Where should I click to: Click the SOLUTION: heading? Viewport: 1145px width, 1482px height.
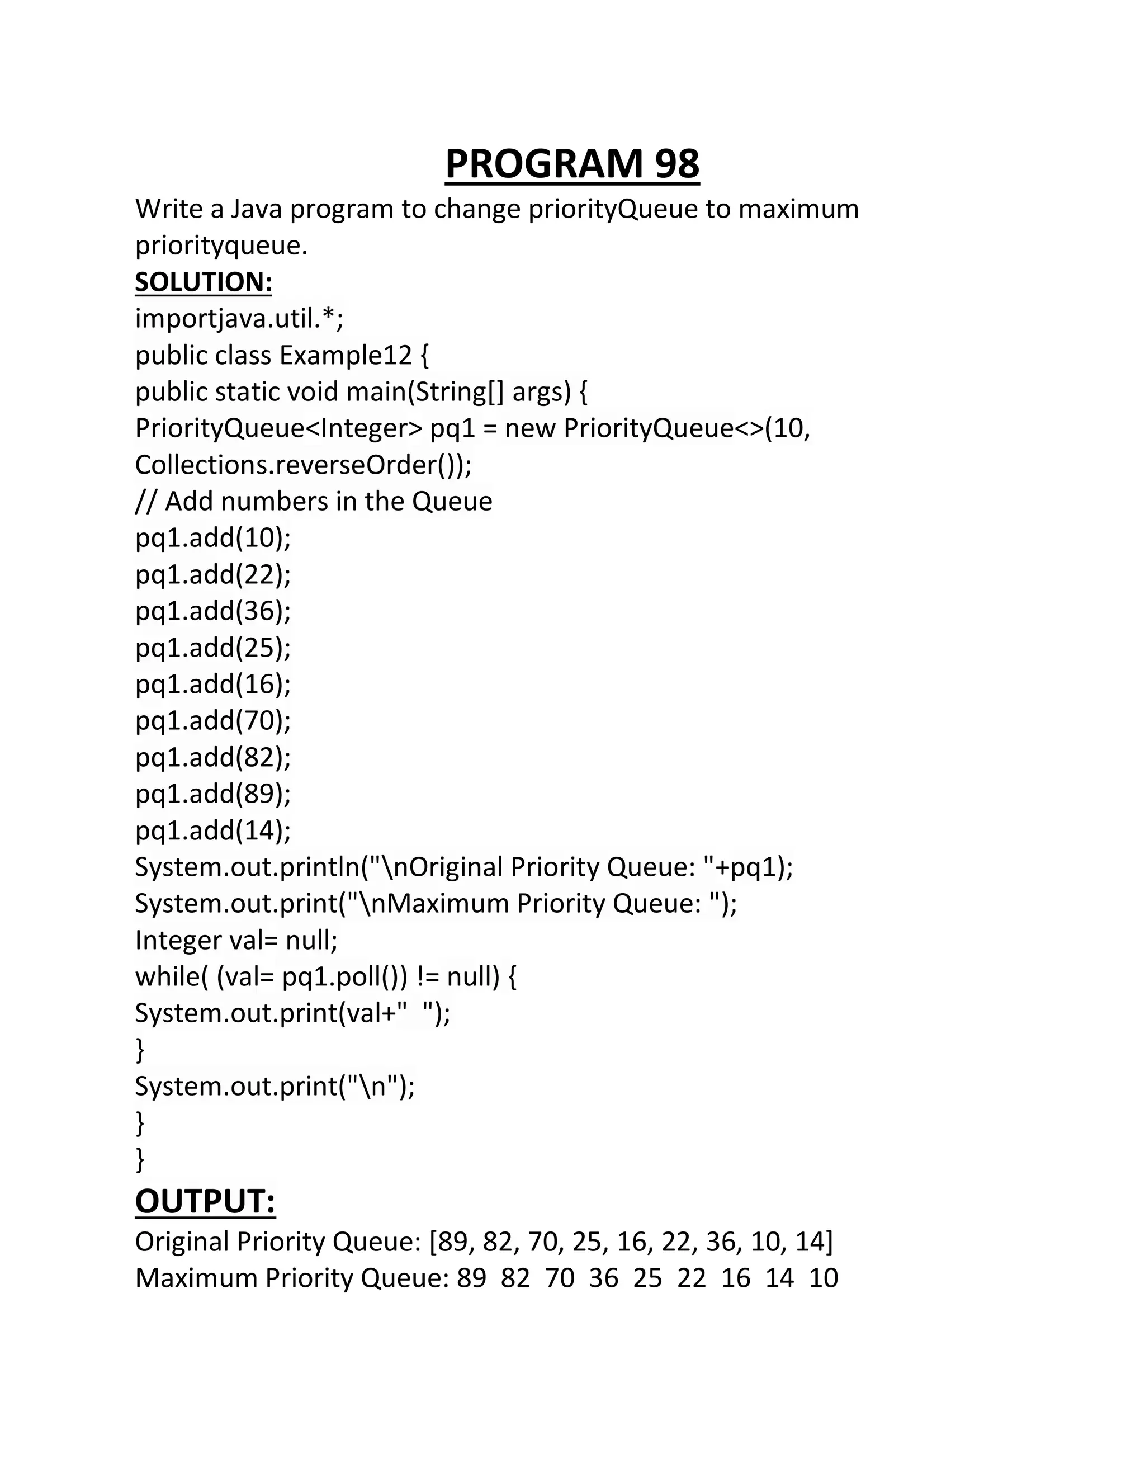204,282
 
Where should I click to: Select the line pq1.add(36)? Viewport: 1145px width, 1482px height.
213,611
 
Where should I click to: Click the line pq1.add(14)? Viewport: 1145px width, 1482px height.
213,830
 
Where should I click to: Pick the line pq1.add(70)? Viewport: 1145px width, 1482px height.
213,721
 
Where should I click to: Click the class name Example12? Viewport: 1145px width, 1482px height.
346,355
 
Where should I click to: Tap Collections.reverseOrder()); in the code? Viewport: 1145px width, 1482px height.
303,465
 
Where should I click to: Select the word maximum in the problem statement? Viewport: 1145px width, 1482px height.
798,209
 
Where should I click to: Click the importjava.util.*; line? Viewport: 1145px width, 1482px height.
239,318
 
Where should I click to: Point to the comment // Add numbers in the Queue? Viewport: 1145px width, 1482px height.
314,502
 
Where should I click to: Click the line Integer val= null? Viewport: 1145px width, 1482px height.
236,941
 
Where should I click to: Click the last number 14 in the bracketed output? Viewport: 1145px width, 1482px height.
809,1242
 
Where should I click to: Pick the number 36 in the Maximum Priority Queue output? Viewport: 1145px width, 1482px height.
604,1278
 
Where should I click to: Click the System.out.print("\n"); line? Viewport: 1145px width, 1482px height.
275,1087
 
